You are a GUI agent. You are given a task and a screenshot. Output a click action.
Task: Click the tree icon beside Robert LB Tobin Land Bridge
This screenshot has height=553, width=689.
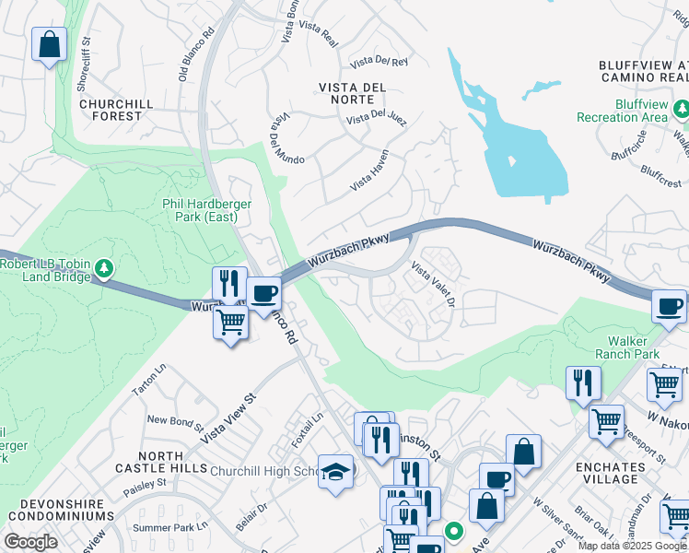(x=105, y=268)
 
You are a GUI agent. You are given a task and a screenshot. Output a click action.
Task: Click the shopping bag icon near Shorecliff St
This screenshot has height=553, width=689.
(x=49, y=43)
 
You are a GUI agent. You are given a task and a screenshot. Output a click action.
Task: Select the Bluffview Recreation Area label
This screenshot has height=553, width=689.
(x=622, y=110)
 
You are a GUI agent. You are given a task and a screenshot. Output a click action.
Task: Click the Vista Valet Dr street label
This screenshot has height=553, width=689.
(x=433, y=286)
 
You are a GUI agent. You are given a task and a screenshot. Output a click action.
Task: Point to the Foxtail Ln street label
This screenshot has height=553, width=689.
(x=304, y=429)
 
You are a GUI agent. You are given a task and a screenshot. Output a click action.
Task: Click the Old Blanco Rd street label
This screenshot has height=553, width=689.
(x=195, y=57)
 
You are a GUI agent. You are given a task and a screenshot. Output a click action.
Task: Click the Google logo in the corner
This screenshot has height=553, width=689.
(x=30, y=541)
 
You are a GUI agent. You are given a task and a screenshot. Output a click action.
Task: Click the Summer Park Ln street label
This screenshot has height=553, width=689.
(x=170, y=527)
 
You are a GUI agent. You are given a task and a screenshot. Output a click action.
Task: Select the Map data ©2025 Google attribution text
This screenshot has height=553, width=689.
(x=632, y=546)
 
